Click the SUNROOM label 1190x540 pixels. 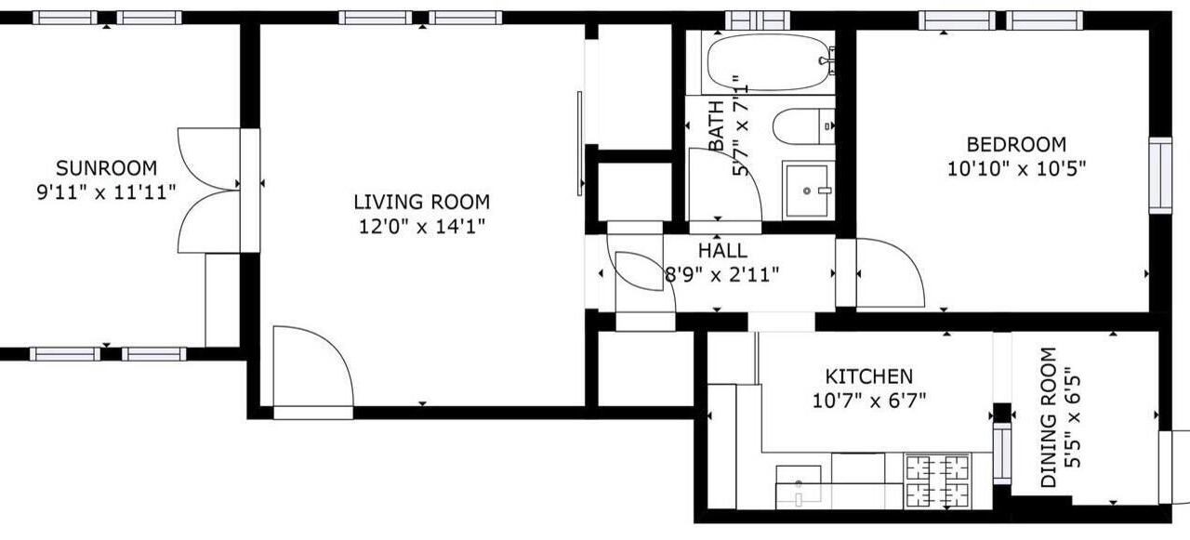coord(106,168)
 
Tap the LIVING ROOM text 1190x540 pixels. coord(422,203)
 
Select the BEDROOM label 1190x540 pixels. coord(1016,144)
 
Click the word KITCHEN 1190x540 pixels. coord(869,376)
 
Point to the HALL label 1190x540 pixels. coord(722,251)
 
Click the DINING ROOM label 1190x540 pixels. coord(1048,417)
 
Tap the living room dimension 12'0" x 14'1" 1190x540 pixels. coord(422,228)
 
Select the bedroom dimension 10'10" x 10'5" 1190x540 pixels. coord(1017,169)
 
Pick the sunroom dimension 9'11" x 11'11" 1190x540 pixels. coord(106,192)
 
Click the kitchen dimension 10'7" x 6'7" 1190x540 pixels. coord(869,401)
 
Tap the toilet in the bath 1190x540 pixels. coord(803,126)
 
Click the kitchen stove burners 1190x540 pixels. coord(937,481)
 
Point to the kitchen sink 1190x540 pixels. coord(798,486)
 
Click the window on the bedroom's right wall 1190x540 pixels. coord(1160,176)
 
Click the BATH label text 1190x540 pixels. coord(716,125)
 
